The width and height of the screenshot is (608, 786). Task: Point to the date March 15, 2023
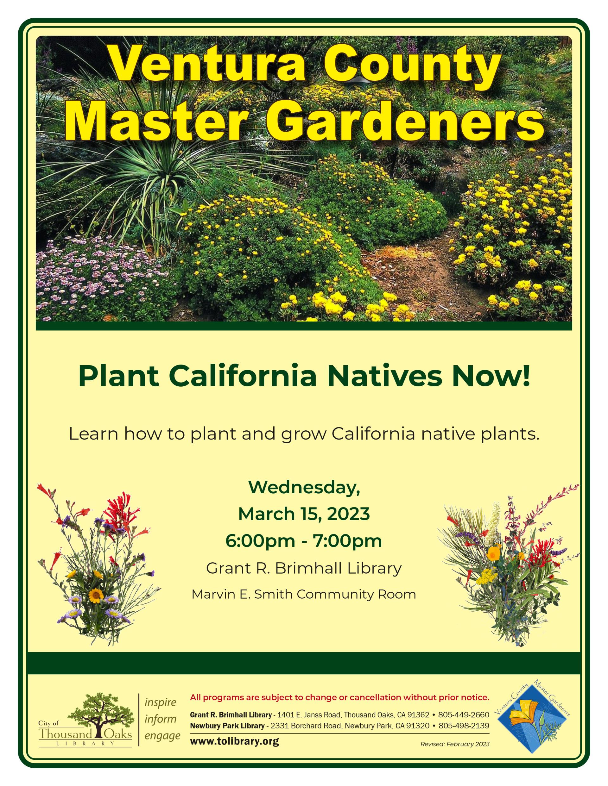tap(304, 514)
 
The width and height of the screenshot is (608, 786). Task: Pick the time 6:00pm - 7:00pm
tap(304, 541)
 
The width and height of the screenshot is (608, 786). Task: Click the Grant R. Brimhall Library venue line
tap(304, 568)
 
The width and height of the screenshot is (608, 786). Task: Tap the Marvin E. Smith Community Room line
tap(304, 594)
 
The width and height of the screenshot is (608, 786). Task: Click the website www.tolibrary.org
tap(234, 741)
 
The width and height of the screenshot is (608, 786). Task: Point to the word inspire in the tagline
tap(160, 702)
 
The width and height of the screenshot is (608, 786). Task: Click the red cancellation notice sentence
tap(340, 698)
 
